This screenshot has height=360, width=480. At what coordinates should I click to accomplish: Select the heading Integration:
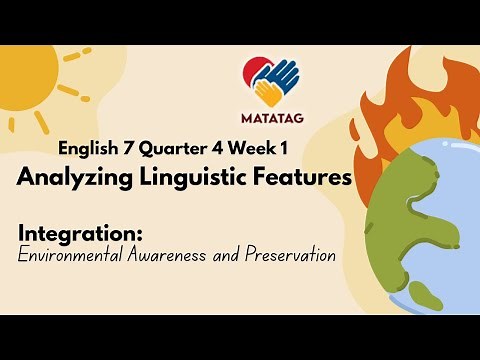pyautogui.click(x=81, y=234)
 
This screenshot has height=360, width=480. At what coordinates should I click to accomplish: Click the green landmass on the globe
pyautogui.click(x=395, y=215)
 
